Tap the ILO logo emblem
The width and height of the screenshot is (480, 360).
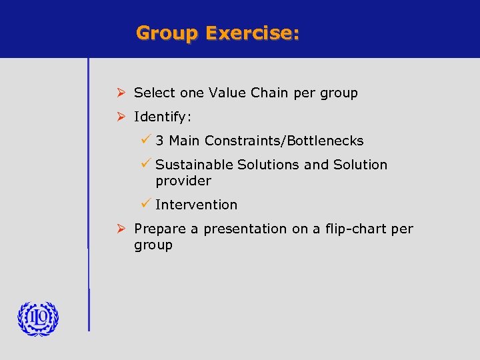pos(38,318)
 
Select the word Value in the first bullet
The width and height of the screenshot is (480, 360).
pos(227,93)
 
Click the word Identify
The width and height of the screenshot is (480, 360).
pos(162,117)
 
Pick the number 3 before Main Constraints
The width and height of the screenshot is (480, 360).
pos(160,141)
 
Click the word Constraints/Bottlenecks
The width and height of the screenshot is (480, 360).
pos(284,141)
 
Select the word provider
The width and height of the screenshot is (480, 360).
pos(183,181)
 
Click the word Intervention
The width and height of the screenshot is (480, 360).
pos(196,205)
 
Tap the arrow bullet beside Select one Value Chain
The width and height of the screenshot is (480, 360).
pos(121,93)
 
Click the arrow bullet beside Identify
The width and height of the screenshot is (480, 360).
pos(121,117)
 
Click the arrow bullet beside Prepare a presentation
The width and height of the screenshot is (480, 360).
pos(121,229)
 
